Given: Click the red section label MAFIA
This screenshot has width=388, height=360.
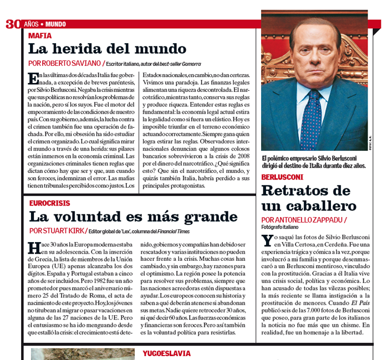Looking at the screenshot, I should (40, 35).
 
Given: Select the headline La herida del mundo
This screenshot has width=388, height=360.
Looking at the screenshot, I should (100, 48).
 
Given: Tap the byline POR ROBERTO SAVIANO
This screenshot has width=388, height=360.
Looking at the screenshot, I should (65, 64).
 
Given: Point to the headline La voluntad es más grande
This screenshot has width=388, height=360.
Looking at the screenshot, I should (133, 217).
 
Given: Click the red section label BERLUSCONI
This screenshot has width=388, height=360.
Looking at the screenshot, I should (282, 177).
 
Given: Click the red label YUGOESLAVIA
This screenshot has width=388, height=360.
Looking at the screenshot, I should (166, 353).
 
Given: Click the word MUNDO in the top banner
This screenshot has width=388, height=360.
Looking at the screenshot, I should (55, 24).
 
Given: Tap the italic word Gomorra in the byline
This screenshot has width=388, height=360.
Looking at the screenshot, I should (190, 64).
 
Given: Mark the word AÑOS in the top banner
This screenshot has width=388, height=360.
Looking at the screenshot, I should (31, 24).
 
